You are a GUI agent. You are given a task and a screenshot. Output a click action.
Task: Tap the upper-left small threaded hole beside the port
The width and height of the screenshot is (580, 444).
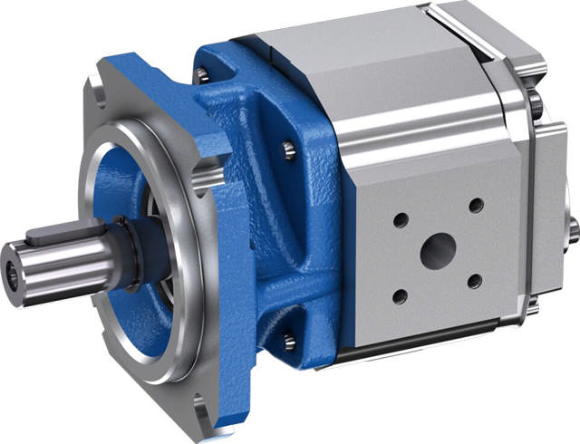click(x=401, y=218)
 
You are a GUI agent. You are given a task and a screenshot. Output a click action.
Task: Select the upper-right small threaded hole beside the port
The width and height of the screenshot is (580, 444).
click(x=474, y=205)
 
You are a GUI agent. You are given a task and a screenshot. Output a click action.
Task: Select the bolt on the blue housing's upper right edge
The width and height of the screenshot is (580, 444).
click(x=289, y=150)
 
